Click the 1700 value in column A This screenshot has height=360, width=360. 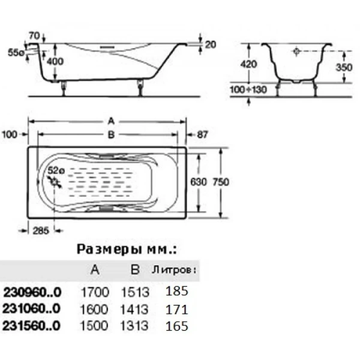pos(95,292)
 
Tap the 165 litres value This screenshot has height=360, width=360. pos(177,326)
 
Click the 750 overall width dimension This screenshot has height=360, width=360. pos(236,182)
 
